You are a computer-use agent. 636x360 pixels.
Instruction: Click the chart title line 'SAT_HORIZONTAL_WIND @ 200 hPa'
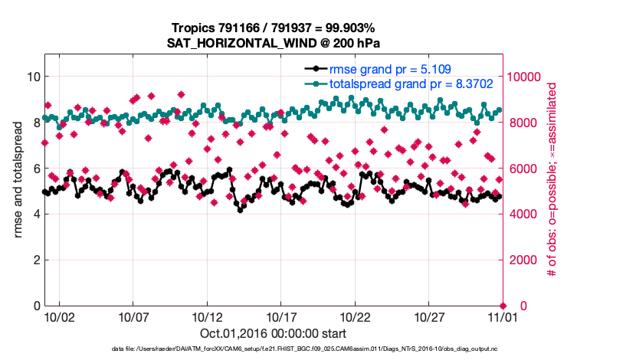coord(274,43)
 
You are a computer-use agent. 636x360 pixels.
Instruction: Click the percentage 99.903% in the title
coord(352,28)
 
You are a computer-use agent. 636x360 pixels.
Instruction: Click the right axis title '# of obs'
coord(550,180)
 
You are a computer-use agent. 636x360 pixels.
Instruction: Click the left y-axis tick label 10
coord(34,77)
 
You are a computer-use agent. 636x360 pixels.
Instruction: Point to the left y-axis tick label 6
coord(37,169)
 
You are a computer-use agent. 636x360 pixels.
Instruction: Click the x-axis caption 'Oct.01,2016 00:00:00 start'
coord(274,334)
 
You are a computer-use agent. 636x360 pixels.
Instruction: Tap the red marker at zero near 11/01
coord(503,306)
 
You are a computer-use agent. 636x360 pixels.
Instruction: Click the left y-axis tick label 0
coord(37,306)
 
